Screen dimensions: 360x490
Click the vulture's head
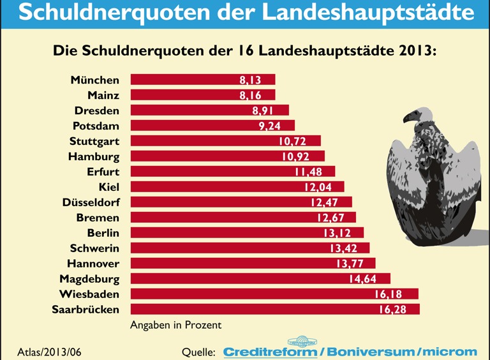[413, 117]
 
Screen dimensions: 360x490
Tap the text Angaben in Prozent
[175, 325]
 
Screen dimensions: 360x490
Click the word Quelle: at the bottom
[198, 352]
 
